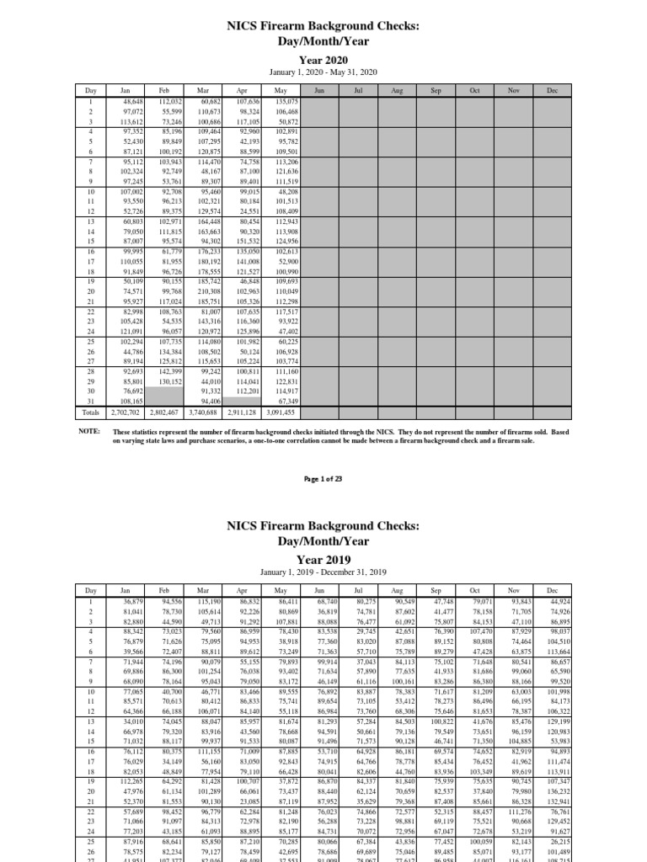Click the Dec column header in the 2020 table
[553, 89]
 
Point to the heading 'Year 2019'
[323, 558]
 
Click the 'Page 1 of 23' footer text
[323, 478]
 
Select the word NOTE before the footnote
[88, 430]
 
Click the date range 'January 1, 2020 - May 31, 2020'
[323, 72]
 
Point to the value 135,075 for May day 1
[286, 100]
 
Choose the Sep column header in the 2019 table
[436, 591]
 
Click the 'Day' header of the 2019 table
[89, 591]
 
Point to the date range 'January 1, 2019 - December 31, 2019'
[323, 574]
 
